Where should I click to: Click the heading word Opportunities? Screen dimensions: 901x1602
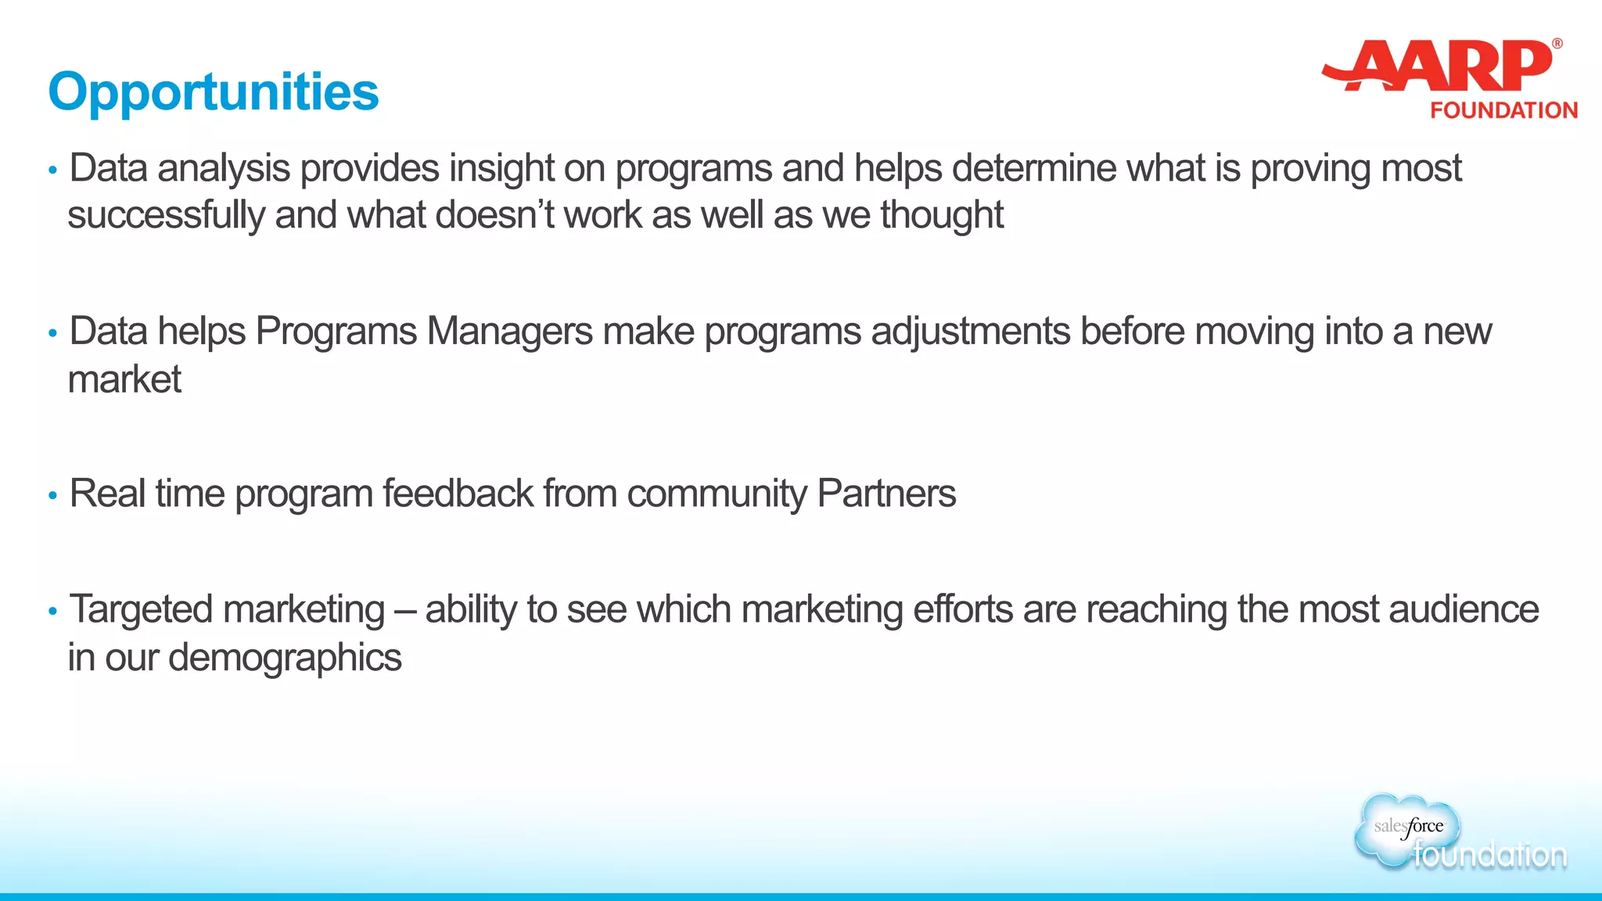pyautogui.click(x=213, y=92)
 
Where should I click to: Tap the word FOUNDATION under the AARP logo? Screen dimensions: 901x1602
pyautogui.click(x=1503, y=110)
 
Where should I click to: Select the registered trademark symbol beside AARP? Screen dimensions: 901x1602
pyautogui.click(x=1557, y=44)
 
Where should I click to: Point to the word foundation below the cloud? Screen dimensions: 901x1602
pyautogui.click(x=1489, y=855)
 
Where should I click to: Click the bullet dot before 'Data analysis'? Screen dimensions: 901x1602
pyautogui.click(x=52, y=170)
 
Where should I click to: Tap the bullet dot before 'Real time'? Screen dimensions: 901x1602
pyautogui.click(x=52, y=495)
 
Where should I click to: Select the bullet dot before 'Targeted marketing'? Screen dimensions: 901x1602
pyautogui.click(x=52, y=611)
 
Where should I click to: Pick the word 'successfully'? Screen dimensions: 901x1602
pyautogui.click(x=166, y=215)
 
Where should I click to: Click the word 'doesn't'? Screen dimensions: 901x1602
pyautogui.click(x=494, y=215)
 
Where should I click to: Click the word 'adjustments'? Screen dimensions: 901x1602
pyautogui.click(x=970, y=331)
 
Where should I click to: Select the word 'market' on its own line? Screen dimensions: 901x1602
pyautogui.click(x=124, y=379)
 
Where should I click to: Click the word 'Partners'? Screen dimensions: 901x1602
pyautogui.click(x=885, y=494)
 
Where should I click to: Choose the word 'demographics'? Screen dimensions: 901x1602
pyautogui.click(x=285, y=658)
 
